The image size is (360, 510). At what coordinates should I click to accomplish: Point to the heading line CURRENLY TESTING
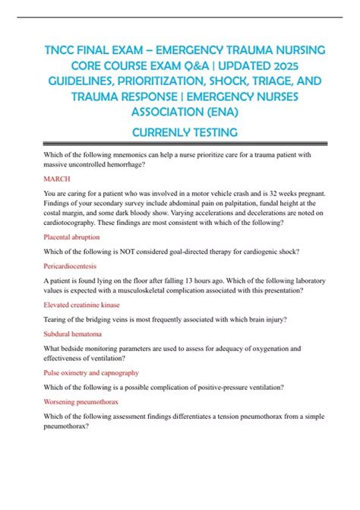tap(180, 133)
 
